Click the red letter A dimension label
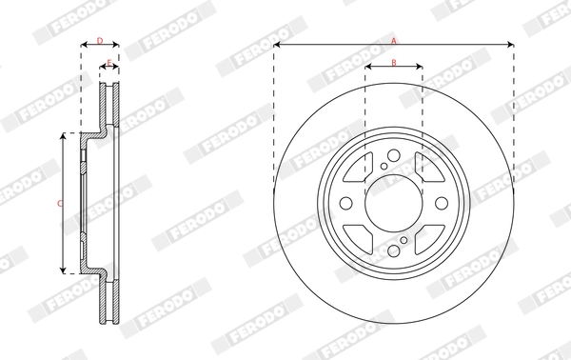coord(393,39)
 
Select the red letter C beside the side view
coord(59,203)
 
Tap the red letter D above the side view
coord(100,40)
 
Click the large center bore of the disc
coord(393,204)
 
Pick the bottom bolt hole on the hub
coord(393,250)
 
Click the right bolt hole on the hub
coord(440,204)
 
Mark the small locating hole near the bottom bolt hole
coord(404,241)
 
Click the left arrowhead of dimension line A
coord(277,45)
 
